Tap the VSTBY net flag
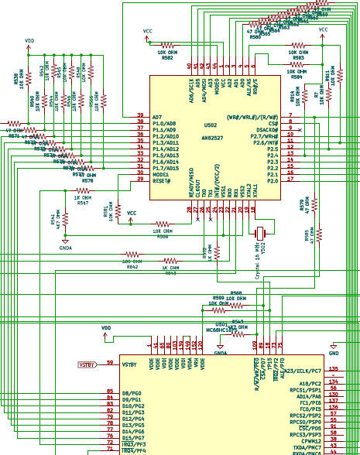click(x=87, y=364)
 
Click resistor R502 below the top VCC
click(x=167, y=50)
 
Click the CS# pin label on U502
click(x=273, y=124)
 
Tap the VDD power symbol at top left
click(x=29, y=41)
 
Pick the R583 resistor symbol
click(x=298, y=50)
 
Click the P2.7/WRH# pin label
click(x=266, y=136)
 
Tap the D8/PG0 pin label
click(x=131, y=394)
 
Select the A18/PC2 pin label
click(x=309, y=383)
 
